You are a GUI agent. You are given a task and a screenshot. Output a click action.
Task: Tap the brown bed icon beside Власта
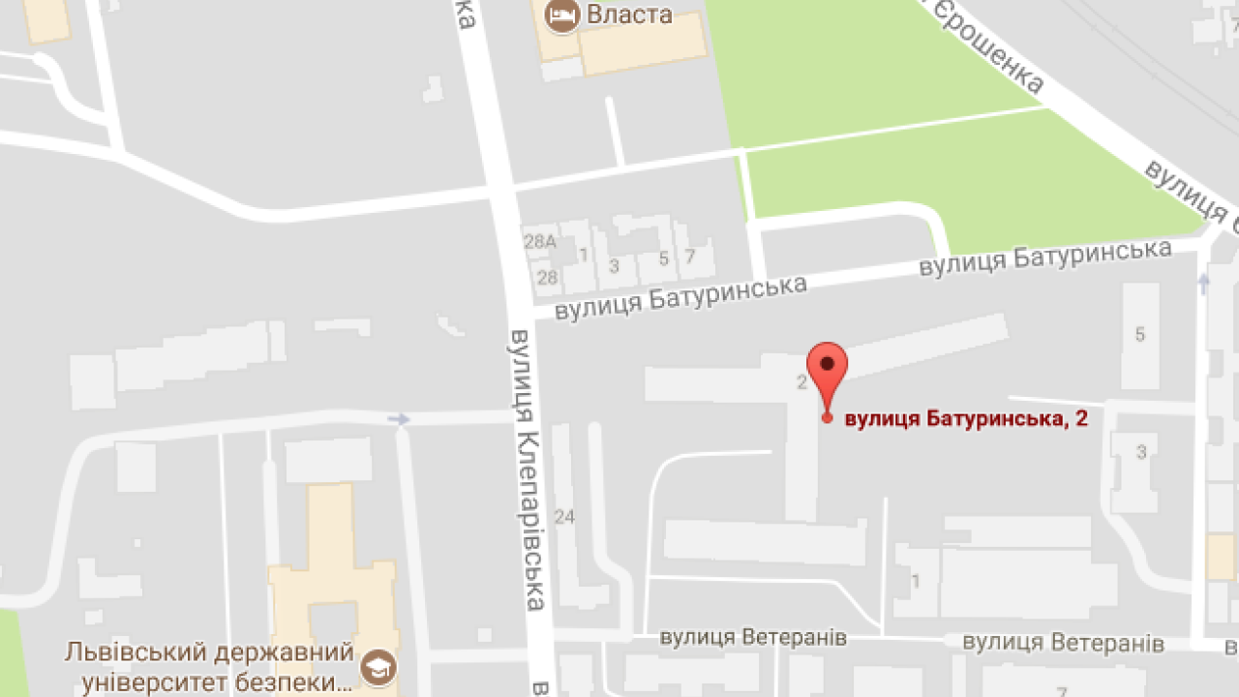[x=561, y=15]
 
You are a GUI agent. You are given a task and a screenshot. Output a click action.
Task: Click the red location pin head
[x=828, y=364]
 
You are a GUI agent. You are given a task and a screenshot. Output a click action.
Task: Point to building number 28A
[x=540, y=242]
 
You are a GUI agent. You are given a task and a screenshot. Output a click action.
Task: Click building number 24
[x=564, y=517]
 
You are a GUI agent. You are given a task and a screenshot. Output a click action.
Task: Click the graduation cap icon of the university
[x=377, y=667]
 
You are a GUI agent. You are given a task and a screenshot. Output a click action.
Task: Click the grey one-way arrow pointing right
[x=398, y=419]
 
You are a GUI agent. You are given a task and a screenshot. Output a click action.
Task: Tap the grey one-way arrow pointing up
[x=1203, y=283]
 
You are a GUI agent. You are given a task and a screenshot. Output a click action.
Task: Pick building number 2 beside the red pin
[x=801, y=382]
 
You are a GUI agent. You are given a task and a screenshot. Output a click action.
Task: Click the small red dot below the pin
[x=827, y=417]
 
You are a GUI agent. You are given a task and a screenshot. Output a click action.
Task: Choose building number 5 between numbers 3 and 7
[x=663, y=258]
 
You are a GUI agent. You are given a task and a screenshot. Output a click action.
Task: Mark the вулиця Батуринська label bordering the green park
[x=1045, y=258]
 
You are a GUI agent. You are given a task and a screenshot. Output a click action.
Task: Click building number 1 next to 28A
[x=583, y=255]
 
